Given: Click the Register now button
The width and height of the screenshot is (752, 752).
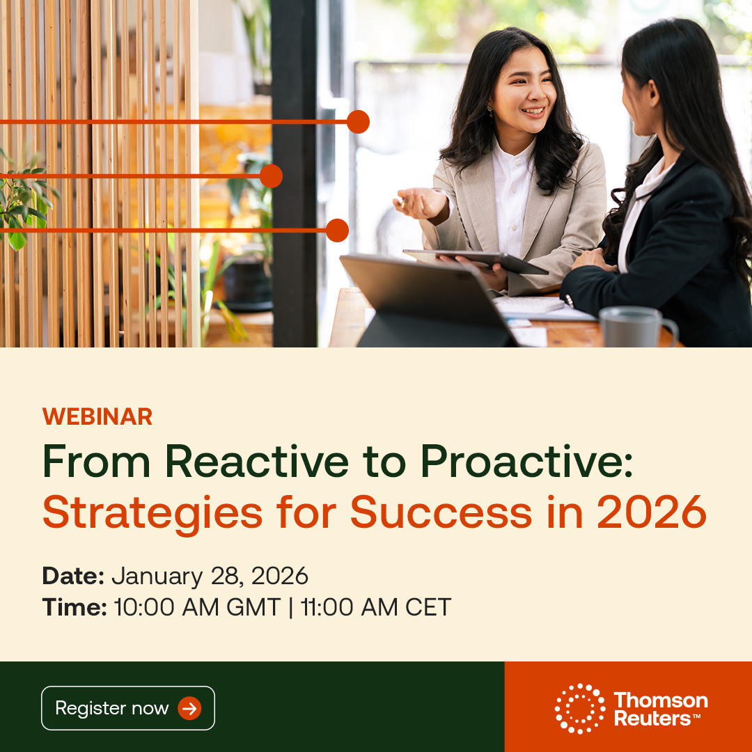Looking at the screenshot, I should point(127,708).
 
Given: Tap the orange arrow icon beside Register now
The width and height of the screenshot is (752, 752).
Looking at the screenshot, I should point(189,709).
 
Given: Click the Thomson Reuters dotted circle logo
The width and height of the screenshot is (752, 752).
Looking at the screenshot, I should point(580,708).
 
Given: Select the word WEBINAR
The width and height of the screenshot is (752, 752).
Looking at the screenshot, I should point(97,416).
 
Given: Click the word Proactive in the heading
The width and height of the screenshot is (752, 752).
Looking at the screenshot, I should point(526,461).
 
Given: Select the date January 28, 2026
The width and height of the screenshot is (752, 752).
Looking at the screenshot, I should point(210,576).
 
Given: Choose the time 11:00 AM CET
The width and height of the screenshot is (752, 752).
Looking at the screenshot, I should point(376,607).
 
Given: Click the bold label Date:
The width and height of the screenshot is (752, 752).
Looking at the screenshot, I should point(73,576).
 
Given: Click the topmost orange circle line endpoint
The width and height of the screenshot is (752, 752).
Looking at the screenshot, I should point(358,122).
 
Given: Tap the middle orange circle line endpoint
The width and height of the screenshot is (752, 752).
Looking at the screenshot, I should point(271,176).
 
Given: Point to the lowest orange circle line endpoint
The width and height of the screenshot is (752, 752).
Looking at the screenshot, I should point(337,230).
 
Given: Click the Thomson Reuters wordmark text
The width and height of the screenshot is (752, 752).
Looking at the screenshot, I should point(660,709).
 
